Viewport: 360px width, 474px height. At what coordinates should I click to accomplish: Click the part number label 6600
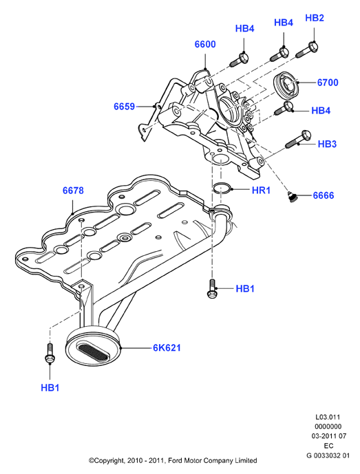(205, 45)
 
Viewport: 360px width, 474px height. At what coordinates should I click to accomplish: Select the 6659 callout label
(124, 107)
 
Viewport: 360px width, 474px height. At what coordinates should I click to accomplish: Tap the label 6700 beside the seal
(328, 83)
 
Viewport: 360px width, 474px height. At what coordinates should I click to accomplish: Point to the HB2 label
(315, 18)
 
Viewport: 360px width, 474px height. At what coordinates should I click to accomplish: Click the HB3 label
(327, 144)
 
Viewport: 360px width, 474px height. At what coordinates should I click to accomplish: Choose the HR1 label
(261, 190)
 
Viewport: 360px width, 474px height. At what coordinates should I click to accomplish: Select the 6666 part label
(323, 195)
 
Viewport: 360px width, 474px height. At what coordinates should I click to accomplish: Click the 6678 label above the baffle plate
(73, 191)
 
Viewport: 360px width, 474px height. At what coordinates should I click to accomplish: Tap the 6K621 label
(167, 348)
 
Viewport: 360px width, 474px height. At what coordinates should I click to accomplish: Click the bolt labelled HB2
(307, 50)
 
